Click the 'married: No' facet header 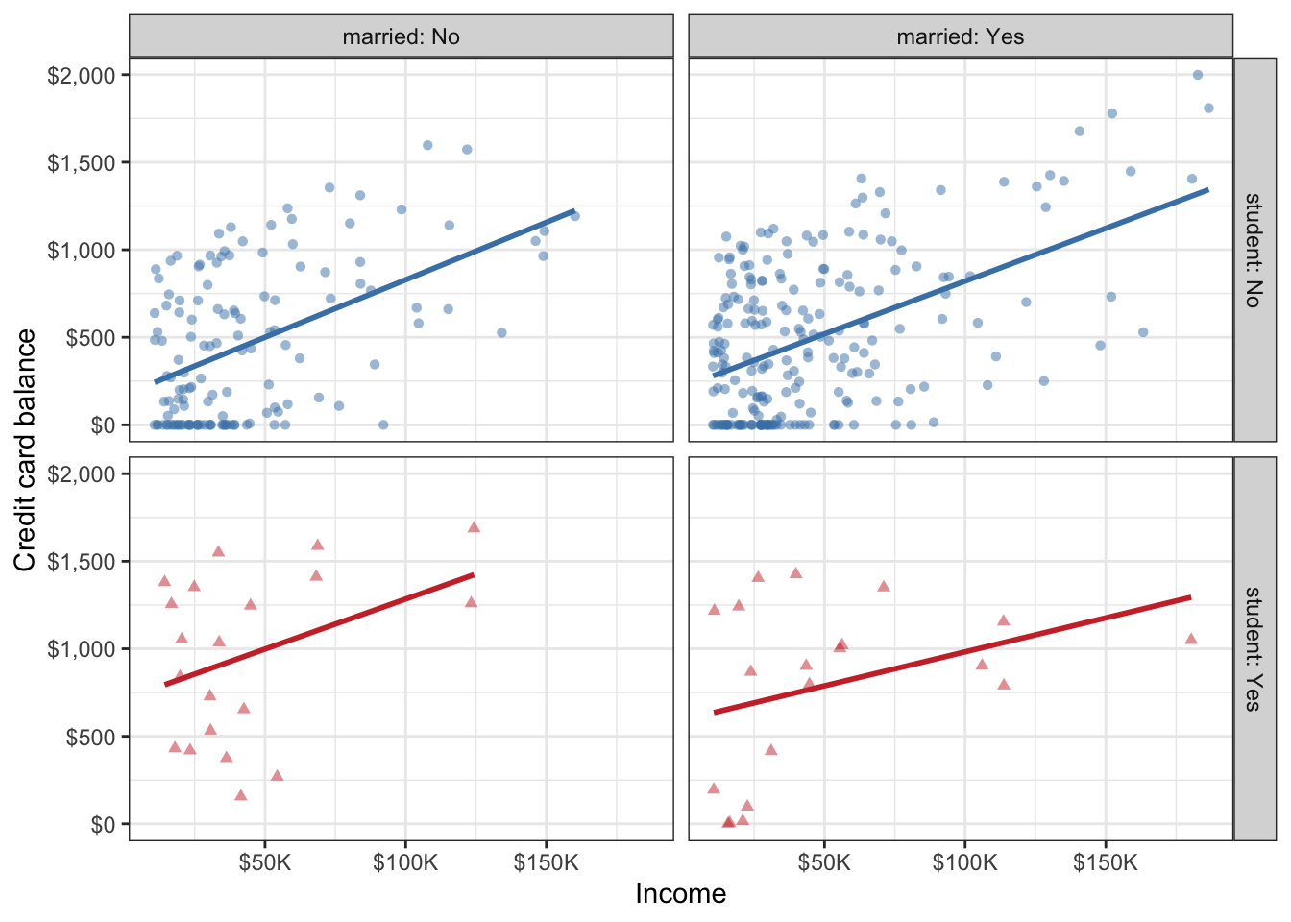[x=401, y=36]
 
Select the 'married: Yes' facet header [x=960, y=36]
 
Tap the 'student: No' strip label [x=1252, y=250]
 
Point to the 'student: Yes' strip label [x=1252, y=648]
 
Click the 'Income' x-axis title [x=680, y=894]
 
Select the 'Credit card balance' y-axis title [x=26, y=449]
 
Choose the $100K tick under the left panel [x=404, y=862]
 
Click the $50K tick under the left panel [x=264, y=862]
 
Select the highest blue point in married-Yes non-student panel [x=1197, y=75]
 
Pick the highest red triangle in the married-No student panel [x=474, y=528]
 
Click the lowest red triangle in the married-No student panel [x=241, y=795]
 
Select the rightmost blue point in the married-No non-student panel [x=574, y=216]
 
